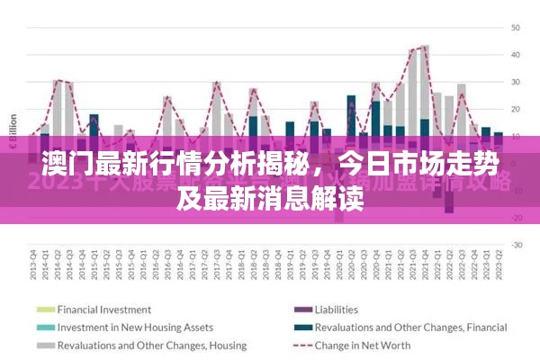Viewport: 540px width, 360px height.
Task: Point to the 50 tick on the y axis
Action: coord(516,28)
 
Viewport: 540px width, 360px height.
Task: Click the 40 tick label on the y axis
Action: coord(516,55)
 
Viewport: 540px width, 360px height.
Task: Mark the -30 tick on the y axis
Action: coord(516,245)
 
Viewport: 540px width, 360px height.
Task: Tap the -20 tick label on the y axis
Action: coord(516,218)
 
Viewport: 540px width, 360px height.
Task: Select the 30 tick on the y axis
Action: coord(516,82)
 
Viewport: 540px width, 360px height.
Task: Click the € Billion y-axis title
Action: coord(13,135)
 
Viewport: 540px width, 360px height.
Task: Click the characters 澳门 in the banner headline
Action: coord(60,166)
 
